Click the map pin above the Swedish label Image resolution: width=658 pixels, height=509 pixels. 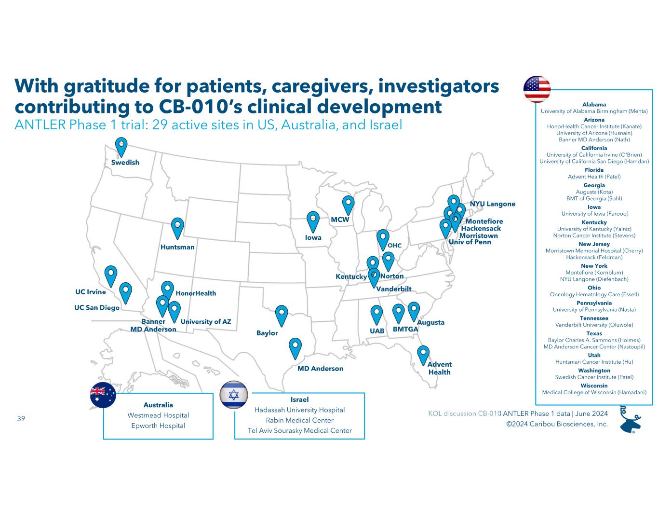point(121,147)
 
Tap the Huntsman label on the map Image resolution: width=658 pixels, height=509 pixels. point(177,247)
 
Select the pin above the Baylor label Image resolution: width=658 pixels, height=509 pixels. point(282,315)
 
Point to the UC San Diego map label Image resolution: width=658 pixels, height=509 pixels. point(96,307)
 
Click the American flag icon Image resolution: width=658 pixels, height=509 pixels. point(537,89)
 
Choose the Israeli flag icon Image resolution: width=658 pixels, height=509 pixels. point(234,394)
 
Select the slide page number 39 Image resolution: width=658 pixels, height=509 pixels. point(21,418)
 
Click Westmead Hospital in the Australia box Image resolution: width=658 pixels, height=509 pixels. point(158,415)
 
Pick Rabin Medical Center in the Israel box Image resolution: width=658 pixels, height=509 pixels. point(299,420)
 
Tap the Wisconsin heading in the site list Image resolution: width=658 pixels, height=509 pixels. point(594,386)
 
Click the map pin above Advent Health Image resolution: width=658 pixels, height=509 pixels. point(423,355)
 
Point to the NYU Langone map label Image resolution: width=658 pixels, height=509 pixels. point(492,204)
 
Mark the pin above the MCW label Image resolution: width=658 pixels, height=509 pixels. point(348,205)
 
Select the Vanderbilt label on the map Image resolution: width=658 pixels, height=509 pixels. point(393,289)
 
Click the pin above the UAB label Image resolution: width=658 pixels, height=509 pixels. point(376,314)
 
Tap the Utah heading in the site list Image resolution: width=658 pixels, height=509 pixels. point(594,356)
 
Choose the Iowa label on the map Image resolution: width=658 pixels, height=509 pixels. point(313,238)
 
